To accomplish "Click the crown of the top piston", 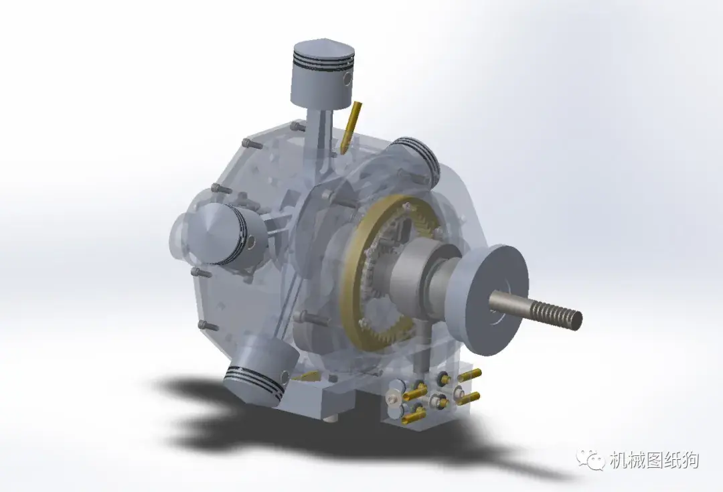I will [x=322, y=50].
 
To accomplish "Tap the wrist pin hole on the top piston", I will [x=346, y=80].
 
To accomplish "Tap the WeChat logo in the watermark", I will [x=592, y=460].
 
